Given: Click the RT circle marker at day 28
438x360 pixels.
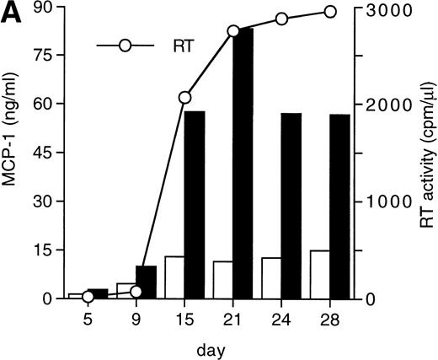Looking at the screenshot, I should point(330,12).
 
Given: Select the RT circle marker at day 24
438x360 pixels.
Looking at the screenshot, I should point(282,19).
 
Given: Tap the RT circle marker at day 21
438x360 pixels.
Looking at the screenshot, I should point(234,31).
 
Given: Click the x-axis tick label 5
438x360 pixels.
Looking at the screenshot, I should point(88,320).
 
